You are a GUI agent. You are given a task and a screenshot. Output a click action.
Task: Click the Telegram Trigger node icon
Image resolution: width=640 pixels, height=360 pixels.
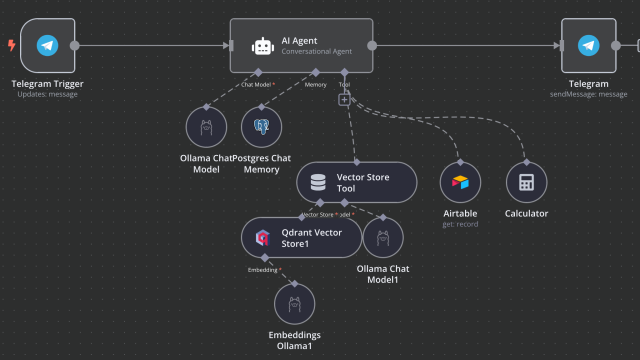point(47,45)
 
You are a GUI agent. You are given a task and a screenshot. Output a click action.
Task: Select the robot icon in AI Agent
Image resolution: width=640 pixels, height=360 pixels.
point(263,46)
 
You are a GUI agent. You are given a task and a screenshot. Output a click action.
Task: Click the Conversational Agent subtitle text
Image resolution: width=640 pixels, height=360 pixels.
point(316,51)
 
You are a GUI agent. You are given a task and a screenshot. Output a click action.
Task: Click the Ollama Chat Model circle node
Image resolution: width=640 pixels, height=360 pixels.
point(206,127)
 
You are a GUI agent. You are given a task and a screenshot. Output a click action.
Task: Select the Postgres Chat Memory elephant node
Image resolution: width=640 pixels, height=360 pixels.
point(261,127)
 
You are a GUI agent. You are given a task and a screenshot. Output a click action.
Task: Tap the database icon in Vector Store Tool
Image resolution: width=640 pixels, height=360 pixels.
point(318,182)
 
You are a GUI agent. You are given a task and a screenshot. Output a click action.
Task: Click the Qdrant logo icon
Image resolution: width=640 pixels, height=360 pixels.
point(263,237)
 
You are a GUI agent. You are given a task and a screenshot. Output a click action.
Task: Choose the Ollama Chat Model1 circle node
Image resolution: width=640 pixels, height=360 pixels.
point(383,238)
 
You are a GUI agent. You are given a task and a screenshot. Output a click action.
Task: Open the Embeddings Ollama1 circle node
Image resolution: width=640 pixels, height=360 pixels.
point(294,304)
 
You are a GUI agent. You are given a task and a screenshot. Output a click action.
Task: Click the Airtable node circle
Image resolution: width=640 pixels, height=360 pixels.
point(460,182)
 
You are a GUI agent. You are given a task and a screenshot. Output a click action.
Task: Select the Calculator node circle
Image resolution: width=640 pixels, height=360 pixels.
point(526,182)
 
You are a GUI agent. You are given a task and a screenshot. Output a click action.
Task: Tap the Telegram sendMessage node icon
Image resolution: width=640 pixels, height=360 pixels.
point(588,45)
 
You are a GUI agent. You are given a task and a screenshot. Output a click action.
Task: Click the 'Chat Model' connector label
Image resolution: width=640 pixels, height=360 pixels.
point(256,84)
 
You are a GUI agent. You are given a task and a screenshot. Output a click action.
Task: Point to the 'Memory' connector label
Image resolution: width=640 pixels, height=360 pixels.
point(315,84)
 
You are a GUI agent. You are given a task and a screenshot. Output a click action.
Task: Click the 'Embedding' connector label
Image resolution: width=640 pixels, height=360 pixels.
point(262,270)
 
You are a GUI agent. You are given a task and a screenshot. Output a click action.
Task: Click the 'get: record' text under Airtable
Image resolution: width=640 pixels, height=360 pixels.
point(460,224)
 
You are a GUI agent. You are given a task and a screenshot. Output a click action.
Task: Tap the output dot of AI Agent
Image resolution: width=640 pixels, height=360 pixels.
point(372,45)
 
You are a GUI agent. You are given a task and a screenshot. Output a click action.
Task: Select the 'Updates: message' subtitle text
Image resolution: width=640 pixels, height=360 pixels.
point(47,94)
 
